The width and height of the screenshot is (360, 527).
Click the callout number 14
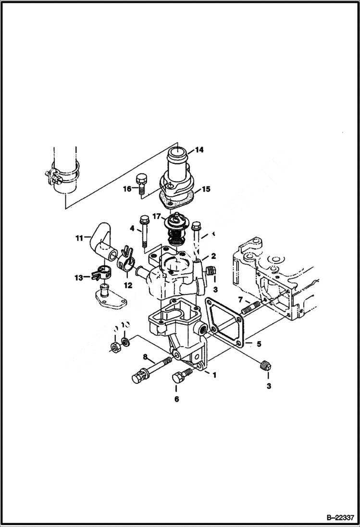click(x=199, y=150)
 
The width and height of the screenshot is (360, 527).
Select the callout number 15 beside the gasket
click(x=206, y=189)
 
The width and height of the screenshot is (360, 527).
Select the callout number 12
click(x=128, y=285)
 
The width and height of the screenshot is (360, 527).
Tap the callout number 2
click(x=213, y=257)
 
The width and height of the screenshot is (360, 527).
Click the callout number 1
click(x=214, y=375)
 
